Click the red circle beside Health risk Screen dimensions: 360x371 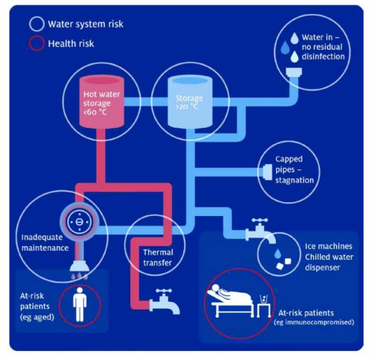point(35,43)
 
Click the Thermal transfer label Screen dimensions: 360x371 point(157,257)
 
